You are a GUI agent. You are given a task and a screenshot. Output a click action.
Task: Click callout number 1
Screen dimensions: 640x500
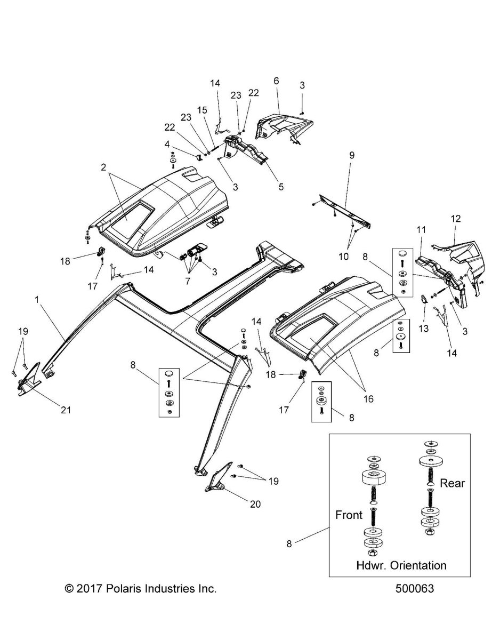point(37,300)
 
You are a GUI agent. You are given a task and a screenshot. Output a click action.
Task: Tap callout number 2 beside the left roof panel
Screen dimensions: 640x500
point(102,167)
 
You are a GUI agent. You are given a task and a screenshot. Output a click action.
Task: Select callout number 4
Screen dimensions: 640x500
point(167,144)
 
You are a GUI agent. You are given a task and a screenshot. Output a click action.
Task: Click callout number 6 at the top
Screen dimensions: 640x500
point(276,81)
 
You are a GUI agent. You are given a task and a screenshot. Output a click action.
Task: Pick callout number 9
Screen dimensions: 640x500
point(351,156)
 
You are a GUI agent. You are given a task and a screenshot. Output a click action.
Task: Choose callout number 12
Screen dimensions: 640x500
point(456,218)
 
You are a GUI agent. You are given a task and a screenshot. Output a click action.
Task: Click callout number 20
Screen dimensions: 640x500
point(255,503)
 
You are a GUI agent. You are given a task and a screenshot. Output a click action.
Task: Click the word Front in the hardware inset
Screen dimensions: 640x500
point(349,515)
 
